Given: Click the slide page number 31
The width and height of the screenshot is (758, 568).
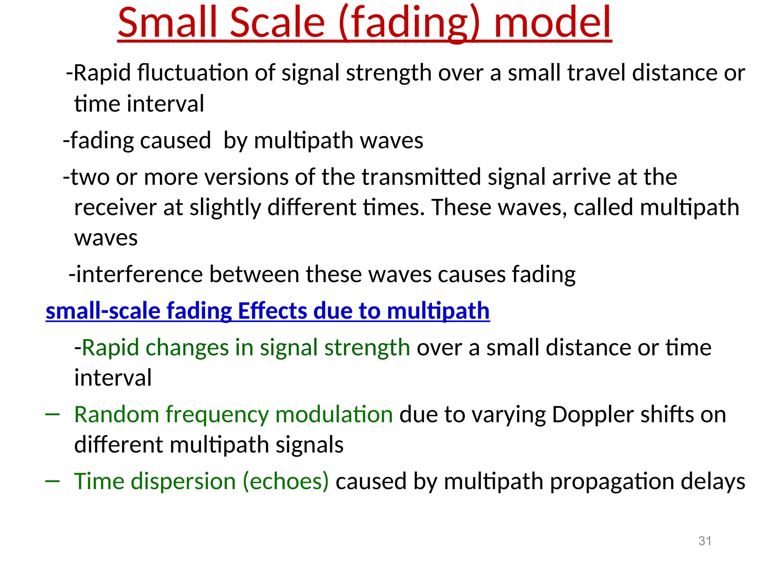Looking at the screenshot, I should pos(705,541).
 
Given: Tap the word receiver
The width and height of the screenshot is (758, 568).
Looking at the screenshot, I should pos(115,207).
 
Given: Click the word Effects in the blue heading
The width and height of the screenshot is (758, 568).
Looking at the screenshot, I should pos(272,311).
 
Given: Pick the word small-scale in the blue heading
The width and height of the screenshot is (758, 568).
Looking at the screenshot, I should pos(103,311).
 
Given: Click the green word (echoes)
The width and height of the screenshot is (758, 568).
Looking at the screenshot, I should pos(285,481).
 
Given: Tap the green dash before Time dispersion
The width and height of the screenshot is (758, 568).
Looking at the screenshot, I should pos(52,481).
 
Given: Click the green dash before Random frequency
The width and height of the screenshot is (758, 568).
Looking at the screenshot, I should pos(52,415).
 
